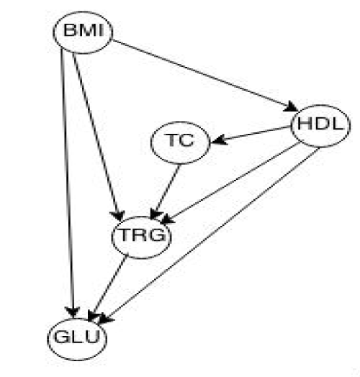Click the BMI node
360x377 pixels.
tap(83, 32)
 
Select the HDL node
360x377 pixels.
tap(321, 126)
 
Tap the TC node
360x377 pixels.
tap(180, 142)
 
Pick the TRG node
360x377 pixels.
tap(142, 237)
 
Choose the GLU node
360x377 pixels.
tap(77, 339)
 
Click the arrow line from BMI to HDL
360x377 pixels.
tap(205, 76)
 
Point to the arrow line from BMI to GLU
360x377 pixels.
tap(68, 183)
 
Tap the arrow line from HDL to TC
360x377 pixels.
tap(251, 135)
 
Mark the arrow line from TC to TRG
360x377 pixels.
tap(165, 191)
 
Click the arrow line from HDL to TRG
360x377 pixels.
tap(232, 183)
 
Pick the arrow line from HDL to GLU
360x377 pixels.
tap(209, 235)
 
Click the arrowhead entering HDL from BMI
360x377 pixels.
tap(291, 106)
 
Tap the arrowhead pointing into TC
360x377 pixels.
tap(218, 140)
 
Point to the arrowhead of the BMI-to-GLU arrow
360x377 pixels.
tap(73, 312)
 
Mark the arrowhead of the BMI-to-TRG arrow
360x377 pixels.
tap(118, 215)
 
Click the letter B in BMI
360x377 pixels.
tap(71, 30)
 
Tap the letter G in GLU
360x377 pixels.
tap(61, 337)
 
